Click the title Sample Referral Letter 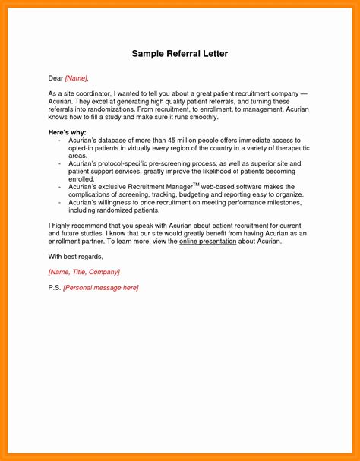tap(179, 55)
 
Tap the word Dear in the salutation tap(55, 77)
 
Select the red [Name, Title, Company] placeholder tap(84, 271)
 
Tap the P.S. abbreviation tap(54, 288)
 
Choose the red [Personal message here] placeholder tap(100, 288)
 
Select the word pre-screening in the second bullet tap(175, 163)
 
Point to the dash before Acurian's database tap(59, 141)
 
